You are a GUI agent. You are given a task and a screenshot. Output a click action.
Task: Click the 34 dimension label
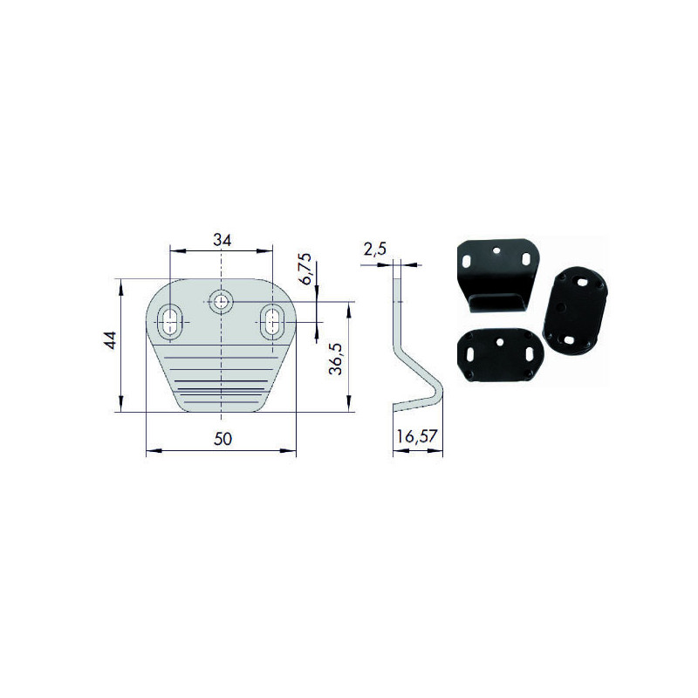click(x=222, y=241)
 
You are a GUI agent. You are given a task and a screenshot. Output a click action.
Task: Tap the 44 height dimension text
click(x=110, y=340)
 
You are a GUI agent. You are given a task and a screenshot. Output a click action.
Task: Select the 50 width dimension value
click(x=222, y=439)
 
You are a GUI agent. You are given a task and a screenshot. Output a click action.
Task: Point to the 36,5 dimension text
click(x=336, y=359)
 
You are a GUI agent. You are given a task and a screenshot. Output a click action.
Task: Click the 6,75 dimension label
click(x=306, y=269)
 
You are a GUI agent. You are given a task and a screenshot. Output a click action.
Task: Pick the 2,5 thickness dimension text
click(x=375, y=250)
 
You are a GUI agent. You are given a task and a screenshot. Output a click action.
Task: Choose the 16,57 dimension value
click(x=417, y=436)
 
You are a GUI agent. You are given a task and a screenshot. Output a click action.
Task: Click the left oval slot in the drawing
click(x=170, y=321)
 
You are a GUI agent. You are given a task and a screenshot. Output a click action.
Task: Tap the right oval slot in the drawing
click(x=272, y=321)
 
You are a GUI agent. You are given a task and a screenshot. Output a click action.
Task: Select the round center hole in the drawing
click(x=221, y=302)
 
